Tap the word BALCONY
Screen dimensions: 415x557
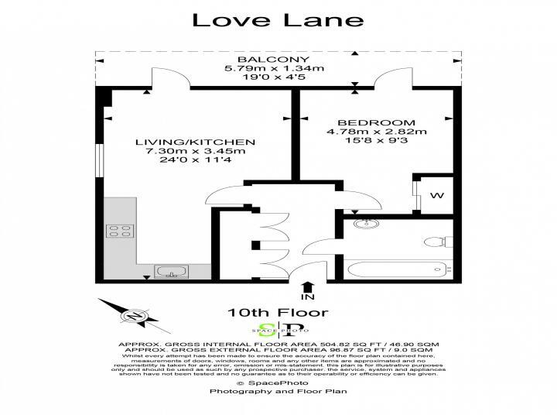(262, 60)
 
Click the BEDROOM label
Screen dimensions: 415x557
(376, 122)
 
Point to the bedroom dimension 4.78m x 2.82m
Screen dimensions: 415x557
(376, 132)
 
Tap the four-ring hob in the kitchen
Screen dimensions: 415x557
(120, 230)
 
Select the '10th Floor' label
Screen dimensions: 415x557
(267, 313)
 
